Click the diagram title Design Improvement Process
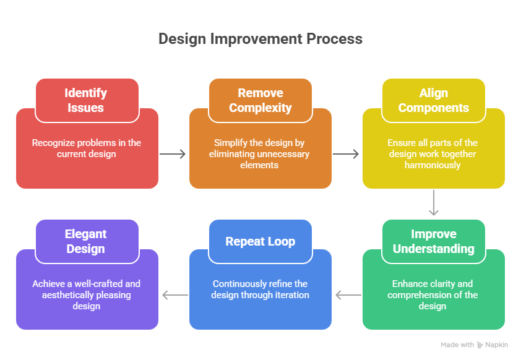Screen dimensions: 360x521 [260, 39]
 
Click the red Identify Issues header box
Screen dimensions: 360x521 [87, 100]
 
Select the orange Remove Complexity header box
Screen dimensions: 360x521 [260, 100]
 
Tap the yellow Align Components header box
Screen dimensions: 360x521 [433, 100]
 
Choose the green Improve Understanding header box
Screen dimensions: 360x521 [433, 241]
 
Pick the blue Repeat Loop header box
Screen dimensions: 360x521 [260, 241]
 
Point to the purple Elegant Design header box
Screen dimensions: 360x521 [87, 241]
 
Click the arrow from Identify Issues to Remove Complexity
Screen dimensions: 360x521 [173, 154]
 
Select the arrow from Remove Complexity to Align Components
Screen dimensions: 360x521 [347, 154]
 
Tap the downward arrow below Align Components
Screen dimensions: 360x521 [434, 203]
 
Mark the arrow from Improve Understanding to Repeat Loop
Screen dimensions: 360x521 [348, 295]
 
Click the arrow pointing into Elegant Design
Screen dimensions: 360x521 [174, 295]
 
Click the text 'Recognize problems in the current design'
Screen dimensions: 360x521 [87, 148]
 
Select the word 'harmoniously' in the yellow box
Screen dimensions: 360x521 [433, 165]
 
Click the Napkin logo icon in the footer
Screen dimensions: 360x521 [480, 345]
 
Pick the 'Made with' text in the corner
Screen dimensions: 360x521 [457, 345]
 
